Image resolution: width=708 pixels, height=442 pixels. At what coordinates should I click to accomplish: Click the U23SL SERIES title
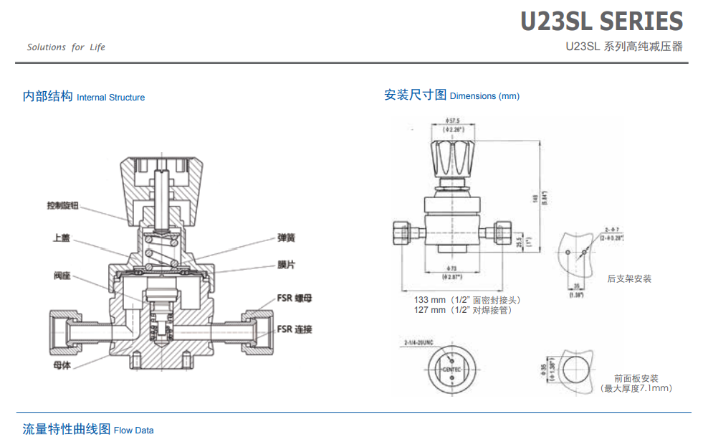[601, 22]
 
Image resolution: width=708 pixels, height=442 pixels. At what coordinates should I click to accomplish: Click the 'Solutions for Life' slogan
[66, 47]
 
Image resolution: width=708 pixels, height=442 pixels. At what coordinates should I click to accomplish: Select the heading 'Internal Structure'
[110, 98]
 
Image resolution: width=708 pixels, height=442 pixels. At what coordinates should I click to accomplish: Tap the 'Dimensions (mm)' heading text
[484, 96]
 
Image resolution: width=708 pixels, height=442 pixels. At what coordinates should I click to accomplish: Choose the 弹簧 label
[287, 238]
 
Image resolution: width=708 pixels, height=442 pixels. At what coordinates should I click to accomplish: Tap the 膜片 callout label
[287, 264]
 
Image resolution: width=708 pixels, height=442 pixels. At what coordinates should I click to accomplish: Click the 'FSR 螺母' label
[295, 298]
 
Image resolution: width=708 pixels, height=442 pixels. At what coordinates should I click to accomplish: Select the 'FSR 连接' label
[295, 329]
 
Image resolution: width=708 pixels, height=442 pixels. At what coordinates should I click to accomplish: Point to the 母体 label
[62, 365]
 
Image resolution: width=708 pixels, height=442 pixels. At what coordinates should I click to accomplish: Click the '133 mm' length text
[430, 299]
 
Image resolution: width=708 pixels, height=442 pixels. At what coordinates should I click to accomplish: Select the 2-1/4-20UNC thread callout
[419, 342]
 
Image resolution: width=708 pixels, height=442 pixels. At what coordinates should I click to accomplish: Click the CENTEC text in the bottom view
[452, 369]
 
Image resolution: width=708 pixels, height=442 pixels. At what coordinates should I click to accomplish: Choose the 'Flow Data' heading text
[133, 431]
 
